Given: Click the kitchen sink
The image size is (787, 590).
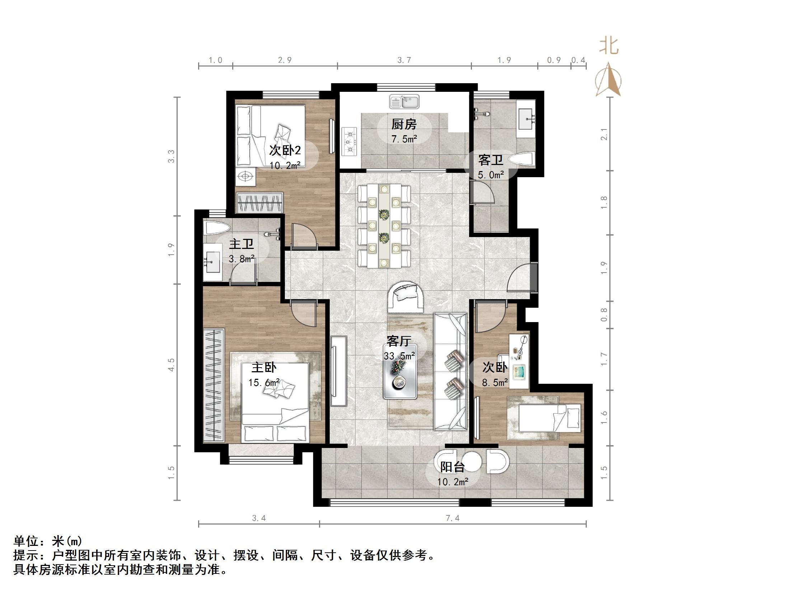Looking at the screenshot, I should [x=404, y=102].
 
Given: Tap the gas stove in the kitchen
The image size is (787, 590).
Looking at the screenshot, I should [x=350, y=141].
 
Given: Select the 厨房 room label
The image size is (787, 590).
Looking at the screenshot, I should [x=404, y=124].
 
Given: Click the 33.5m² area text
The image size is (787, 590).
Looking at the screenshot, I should [x=399, y=356].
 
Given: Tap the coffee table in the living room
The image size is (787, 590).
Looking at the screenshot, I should [x=400, y=372].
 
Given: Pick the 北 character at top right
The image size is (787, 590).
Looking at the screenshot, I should [x=609, y=46].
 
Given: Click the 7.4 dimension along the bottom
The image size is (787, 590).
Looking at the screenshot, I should [x=452, y=518].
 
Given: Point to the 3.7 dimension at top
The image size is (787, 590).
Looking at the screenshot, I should [x=404, y=60].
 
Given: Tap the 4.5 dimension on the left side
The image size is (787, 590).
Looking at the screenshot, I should [x=172, y=364].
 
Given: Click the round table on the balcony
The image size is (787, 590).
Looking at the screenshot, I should [x=471, y=461].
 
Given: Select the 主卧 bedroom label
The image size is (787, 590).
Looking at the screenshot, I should [x=264, y=367].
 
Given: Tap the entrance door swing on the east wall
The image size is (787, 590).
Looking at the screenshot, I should [x=520, y=278].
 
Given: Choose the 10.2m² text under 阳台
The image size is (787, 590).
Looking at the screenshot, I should [x=452, y=482].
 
